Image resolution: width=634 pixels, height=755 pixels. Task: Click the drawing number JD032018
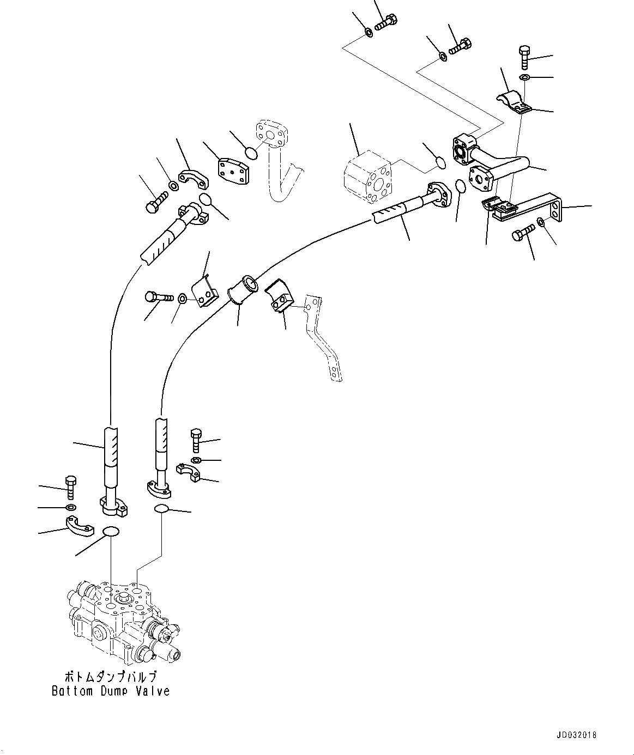pos(577,735)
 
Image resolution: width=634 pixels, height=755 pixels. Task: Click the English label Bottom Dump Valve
pos(111,691)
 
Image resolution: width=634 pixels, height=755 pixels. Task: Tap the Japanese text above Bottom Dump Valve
pos(111,677)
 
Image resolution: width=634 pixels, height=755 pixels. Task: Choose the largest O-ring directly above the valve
pos(111,532)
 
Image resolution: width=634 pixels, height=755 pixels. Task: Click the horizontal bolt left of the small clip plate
pos(159,297)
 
